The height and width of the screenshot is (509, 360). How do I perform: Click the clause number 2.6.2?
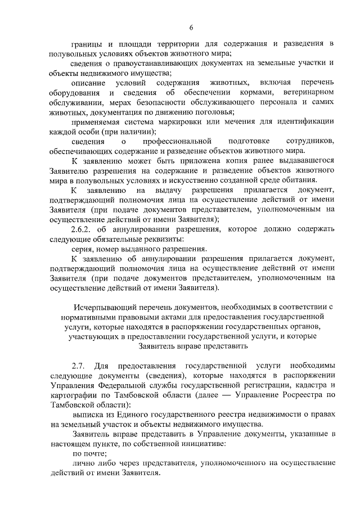(x=85, y=229)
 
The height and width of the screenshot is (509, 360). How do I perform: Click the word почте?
(x=95, y=453)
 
